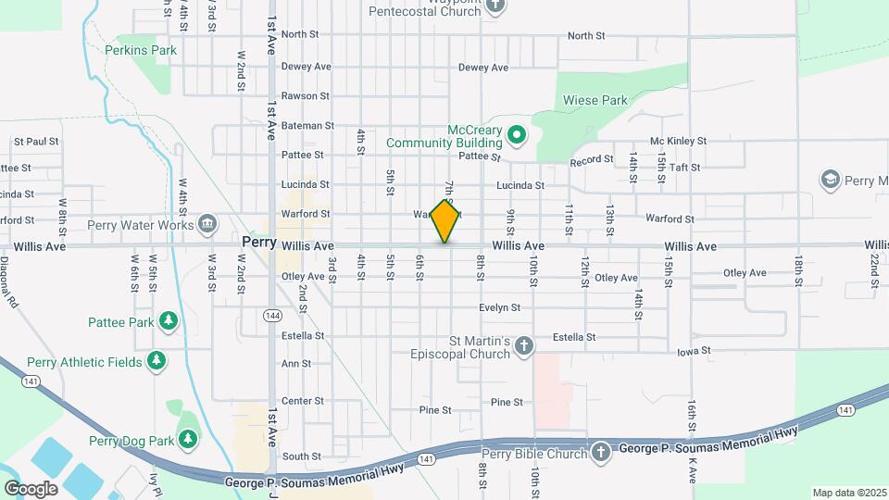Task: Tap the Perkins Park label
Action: pyautogui.click(x=141, y=50)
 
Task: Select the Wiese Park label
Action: pyautogui.click(x=595, y=100)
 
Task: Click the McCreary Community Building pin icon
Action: pyautogui.click(x=517, y=136)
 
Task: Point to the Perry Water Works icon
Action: pyautogui.click(x=207, y=224)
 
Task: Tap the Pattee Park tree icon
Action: pyautogui.click(x=168, y=321)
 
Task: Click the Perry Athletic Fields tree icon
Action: pyautogui.click(x=157, y=361)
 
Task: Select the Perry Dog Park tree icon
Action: pyautogui.click(x=188, y=439)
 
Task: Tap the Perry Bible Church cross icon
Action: pyautogui.click(x=601, y=454)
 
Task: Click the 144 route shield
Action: pyautogui.click(x=272, y=316)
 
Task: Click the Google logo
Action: pyautogui.click(x=31, y=488)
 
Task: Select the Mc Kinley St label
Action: pyautogui.click(x=678, y=141)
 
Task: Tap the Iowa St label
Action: pyautogui.click(x=693, y=351)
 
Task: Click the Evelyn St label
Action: pyautogui.click(x=500, y=307)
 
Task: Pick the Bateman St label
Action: pyautogui.click(x=307, y=125)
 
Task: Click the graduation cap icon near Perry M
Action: pyautogui.click(x=830, y=178)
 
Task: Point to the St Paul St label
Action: pyautogui.click(x=36, y=142)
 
